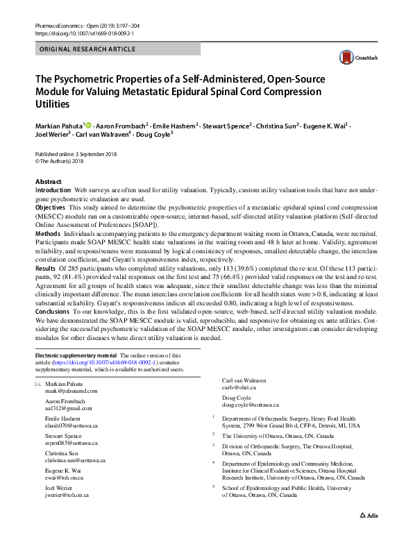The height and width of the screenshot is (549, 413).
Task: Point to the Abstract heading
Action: point(48,181)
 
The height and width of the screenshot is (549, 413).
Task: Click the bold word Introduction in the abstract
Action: point(53,189)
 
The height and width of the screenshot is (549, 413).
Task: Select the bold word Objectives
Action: point(50,207)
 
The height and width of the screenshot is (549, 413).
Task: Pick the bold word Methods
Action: point(48,234)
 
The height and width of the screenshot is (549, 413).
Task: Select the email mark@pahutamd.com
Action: point(71,391)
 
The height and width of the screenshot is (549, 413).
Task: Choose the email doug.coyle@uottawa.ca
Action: point(250,404)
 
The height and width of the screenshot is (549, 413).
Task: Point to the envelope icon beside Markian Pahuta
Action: point(38,384)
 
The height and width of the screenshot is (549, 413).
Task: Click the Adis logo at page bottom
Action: point(369,535)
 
